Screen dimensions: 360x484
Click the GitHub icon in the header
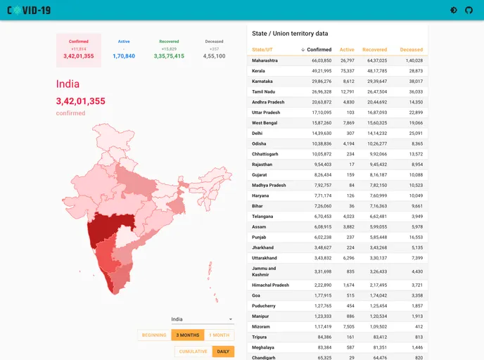[469, 11]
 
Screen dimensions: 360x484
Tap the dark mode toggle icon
[454, 11]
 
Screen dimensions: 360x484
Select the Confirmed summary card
[79, 50]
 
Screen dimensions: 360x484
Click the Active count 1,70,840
[124, 56]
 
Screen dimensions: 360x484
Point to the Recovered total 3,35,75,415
[169, 56]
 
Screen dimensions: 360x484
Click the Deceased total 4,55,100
[214, 56]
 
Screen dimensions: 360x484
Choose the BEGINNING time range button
[154, 335]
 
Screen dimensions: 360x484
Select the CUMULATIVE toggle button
[193, 352]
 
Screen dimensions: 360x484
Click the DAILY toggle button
[222, 352]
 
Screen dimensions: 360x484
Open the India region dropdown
[202, 319]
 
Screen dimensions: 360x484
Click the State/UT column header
[262, 50]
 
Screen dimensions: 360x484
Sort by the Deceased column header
[412, 50]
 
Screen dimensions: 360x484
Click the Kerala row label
[258, 71]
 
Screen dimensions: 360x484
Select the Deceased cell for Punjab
[413, 237]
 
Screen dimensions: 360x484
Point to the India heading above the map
[68, 84]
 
